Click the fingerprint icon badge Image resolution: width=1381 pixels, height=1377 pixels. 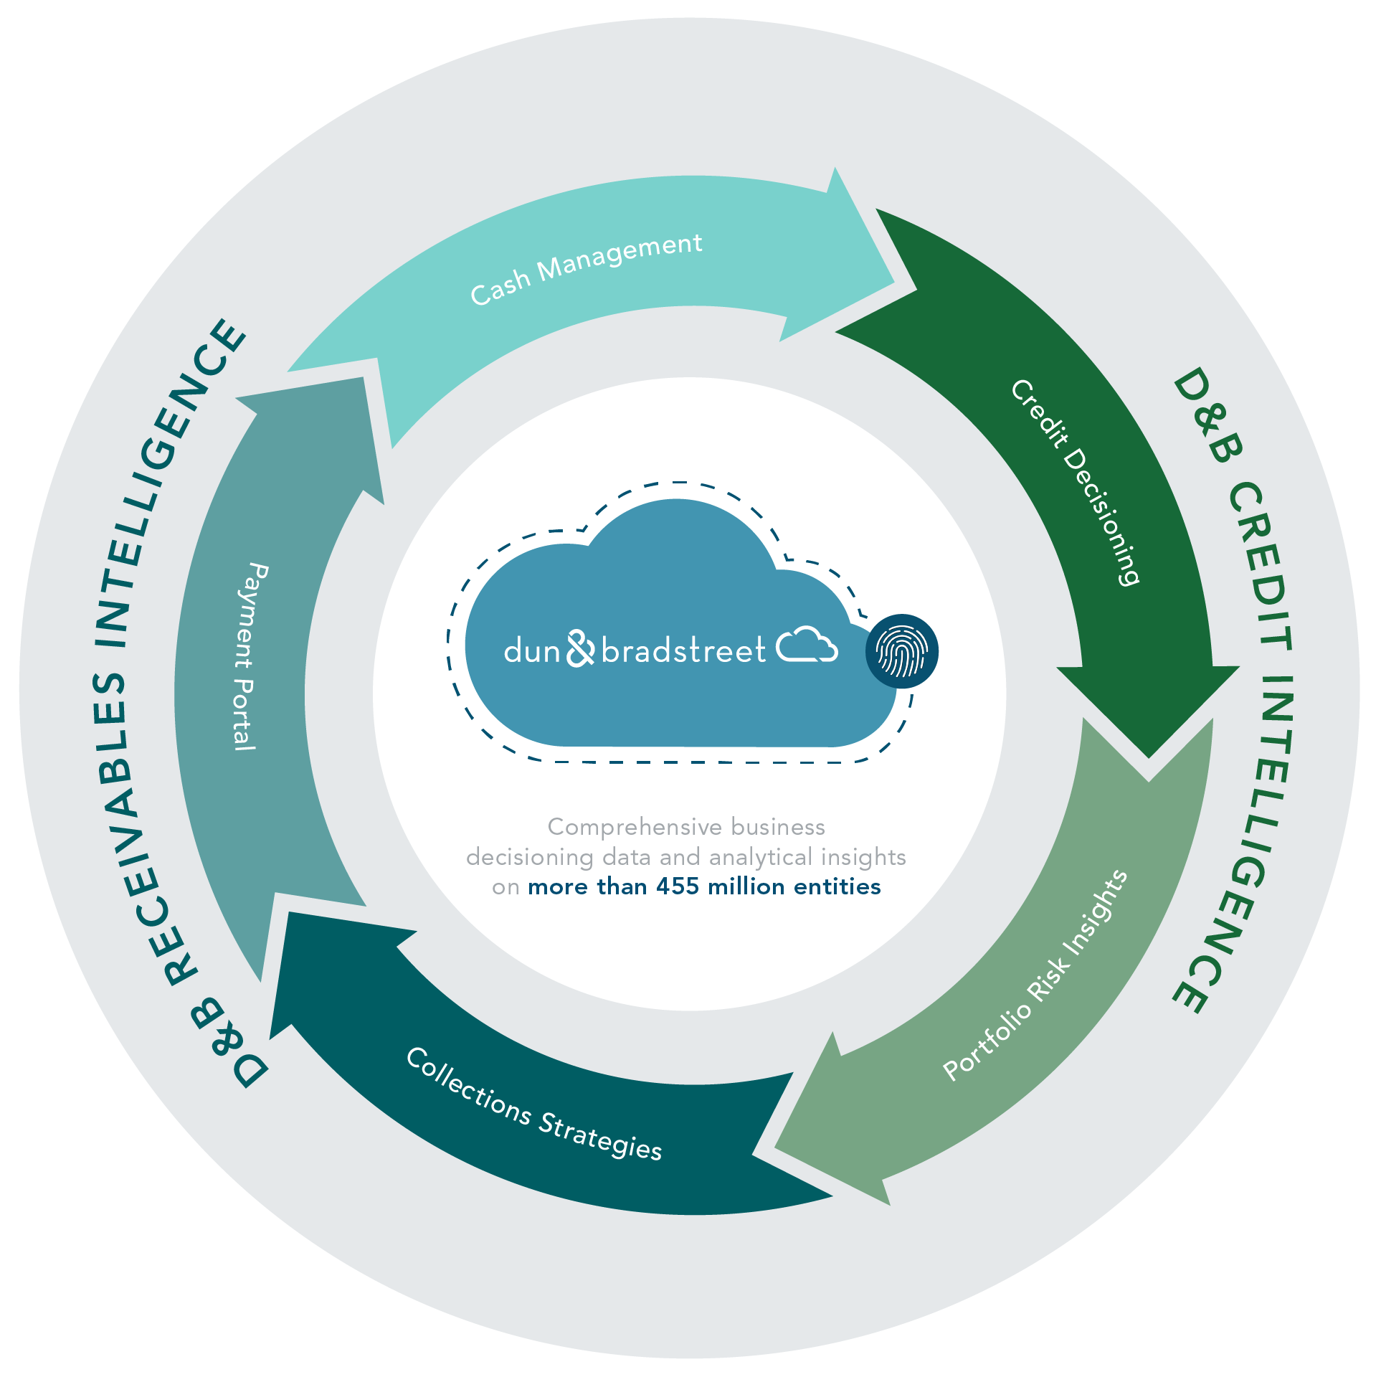pyautogui.click(x=901, y=651)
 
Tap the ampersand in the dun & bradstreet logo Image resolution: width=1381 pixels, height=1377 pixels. pyautogui.click(x=580, y=648)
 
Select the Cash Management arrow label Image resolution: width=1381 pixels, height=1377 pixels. pyautogui.click(x=586, y=268)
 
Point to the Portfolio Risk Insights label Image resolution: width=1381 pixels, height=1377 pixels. pyautogui.click(x=1035, y=975)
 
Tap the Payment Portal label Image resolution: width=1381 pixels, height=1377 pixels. pyautogui.click(x=248, y=657)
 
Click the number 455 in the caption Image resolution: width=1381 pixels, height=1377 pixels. pyautogui.click(x=677, y=887)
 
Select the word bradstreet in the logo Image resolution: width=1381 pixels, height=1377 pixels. pyautogui.click(x=683, y=651)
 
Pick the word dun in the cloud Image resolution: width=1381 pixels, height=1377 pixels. pyautogui.click(x=531, y=651)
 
